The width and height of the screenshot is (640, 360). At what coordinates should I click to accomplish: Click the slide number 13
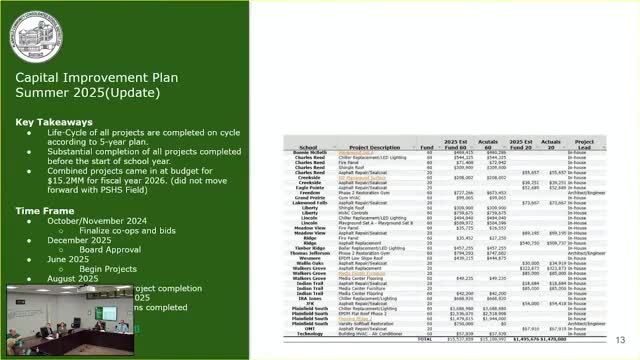(x=620, y=339)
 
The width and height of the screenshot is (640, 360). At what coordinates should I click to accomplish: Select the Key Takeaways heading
(x=50, y=121)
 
